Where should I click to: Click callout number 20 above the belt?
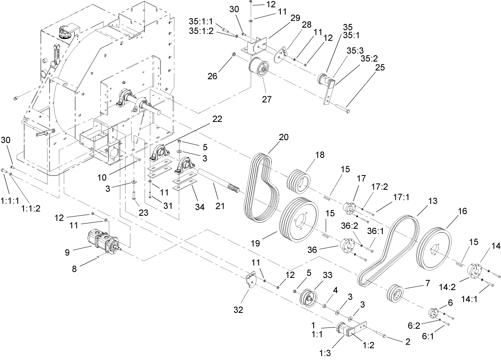284,137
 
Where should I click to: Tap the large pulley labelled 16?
435,250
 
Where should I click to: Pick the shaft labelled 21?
219,182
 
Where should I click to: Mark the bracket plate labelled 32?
252,280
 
